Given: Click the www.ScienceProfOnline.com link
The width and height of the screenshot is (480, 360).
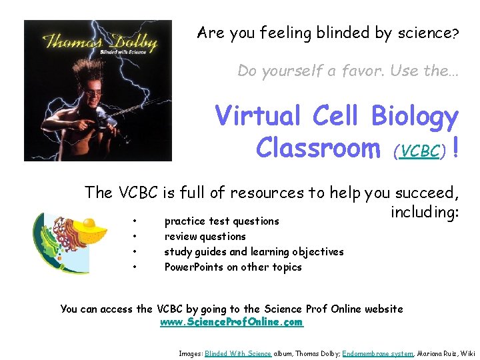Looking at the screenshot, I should click(231, 322).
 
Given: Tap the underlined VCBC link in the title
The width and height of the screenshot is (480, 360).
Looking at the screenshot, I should click(421, 151).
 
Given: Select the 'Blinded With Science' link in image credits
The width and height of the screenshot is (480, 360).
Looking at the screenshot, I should click(238, 353).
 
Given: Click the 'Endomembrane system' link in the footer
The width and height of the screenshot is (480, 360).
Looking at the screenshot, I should click(378, 353).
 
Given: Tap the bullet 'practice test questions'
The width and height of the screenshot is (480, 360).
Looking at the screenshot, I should click(221, 221).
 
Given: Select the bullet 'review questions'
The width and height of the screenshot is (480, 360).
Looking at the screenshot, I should click(205, 236).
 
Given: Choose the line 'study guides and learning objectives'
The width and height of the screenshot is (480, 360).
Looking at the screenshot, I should click(254, 251).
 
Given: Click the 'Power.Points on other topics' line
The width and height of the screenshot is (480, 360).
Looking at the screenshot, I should click(233, 267).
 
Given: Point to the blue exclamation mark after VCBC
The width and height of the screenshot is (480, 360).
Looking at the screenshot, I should click(455, 147).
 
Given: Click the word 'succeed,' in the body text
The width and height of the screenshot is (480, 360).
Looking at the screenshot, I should click(427, 193).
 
